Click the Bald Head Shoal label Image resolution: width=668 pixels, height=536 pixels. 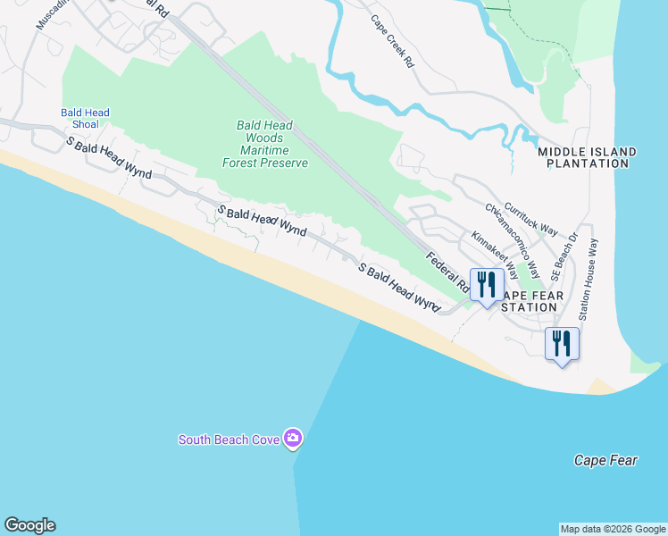click(x=85, y=119)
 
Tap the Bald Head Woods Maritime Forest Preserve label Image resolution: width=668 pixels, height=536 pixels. click(x=265, y=145)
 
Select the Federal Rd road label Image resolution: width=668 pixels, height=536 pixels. click(x=447, y=273)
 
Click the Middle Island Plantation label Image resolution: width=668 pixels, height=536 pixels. click(x=587, y=158)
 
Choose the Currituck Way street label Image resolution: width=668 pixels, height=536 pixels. click(x=530, y=217)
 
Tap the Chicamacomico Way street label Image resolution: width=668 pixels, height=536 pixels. click(x=512, y=239)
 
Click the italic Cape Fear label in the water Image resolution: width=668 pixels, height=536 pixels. click(x=605, y=461)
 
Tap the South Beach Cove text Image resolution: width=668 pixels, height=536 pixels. click(x=229, y=440)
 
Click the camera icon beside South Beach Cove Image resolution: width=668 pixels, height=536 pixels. click(x=293, y=439)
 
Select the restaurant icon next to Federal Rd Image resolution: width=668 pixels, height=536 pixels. click(x=487, y=285)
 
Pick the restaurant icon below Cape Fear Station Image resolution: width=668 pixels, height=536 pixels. click(x=562, y=343)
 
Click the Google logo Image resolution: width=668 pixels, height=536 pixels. click(x=29, y=525)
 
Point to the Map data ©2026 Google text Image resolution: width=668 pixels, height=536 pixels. click(x=613, y=529)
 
